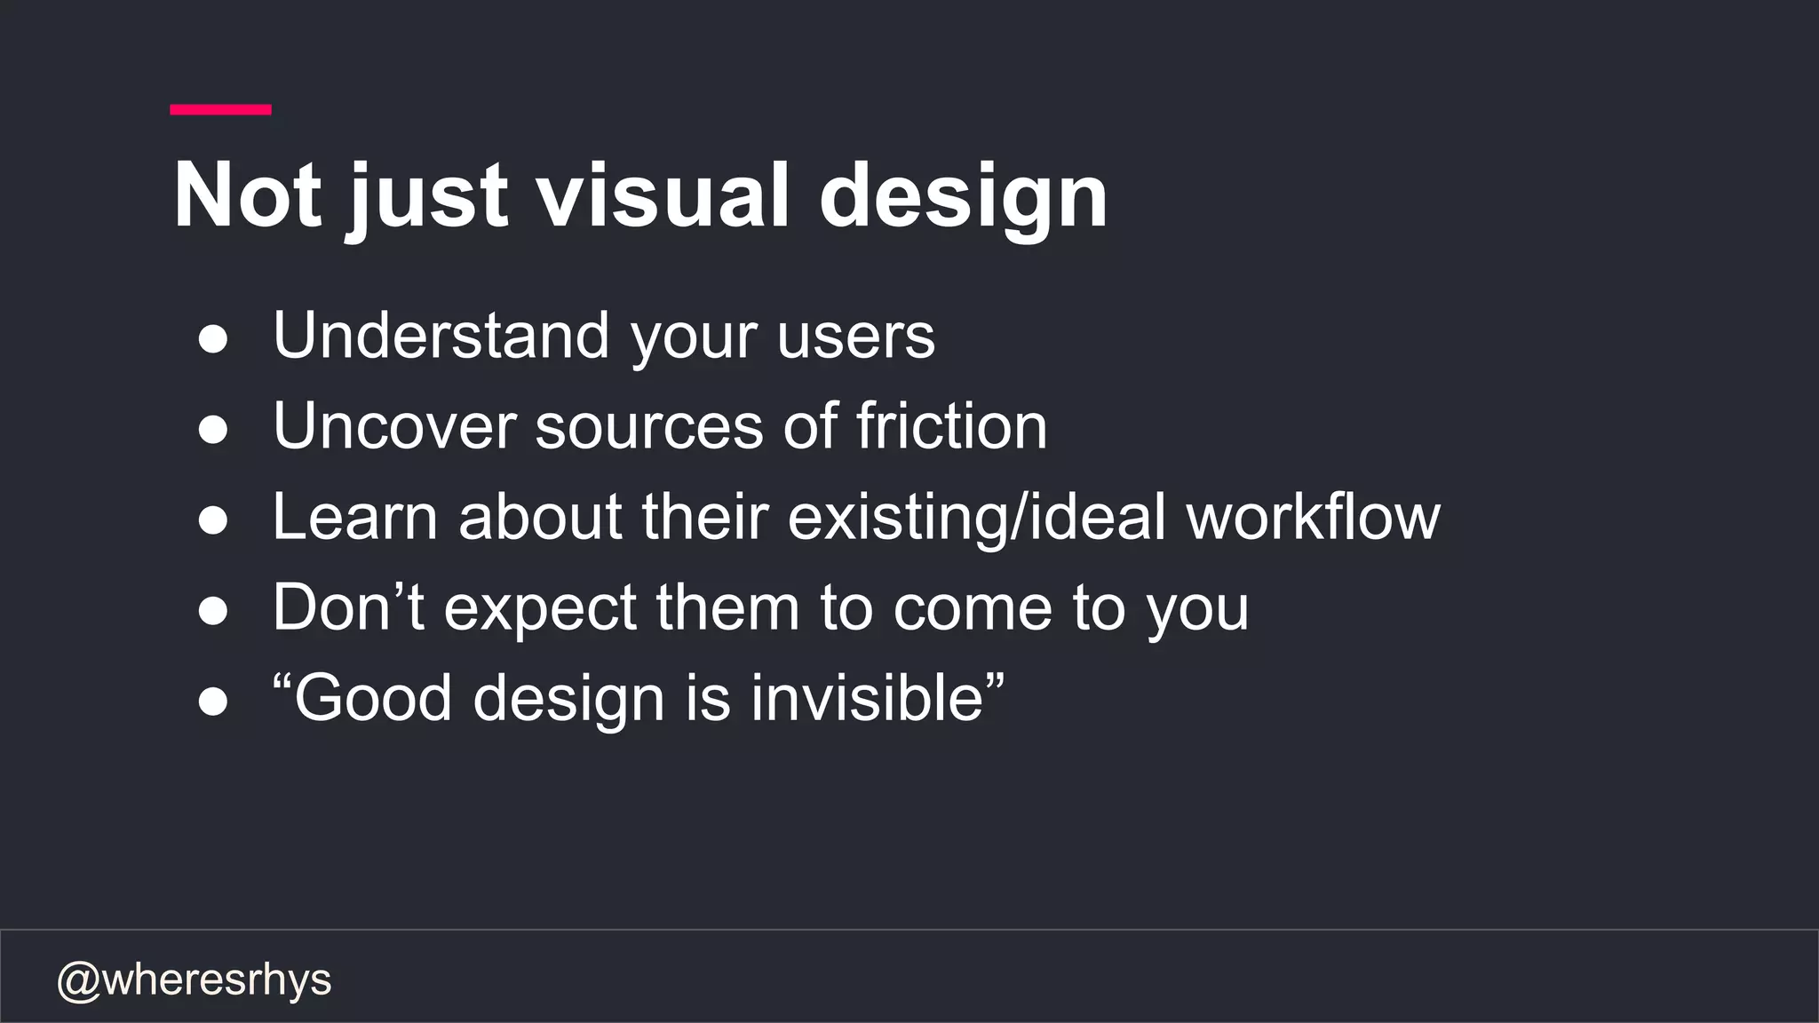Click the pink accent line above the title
tap(220, 109)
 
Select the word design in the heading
tap(963, 197)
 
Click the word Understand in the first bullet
tap(441, 336)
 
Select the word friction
tap(951, 426)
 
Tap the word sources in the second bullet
tap(648, 426)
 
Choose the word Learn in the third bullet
tap(354, 517)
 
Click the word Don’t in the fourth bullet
tap(348, 607)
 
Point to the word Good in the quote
tap(373, 698)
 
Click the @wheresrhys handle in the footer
tap(194, 980)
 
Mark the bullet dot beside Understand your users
tap(213, 339)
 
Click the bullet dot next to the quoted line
tap(213, 702)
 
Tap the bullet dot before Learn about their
tap(213, 520)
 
